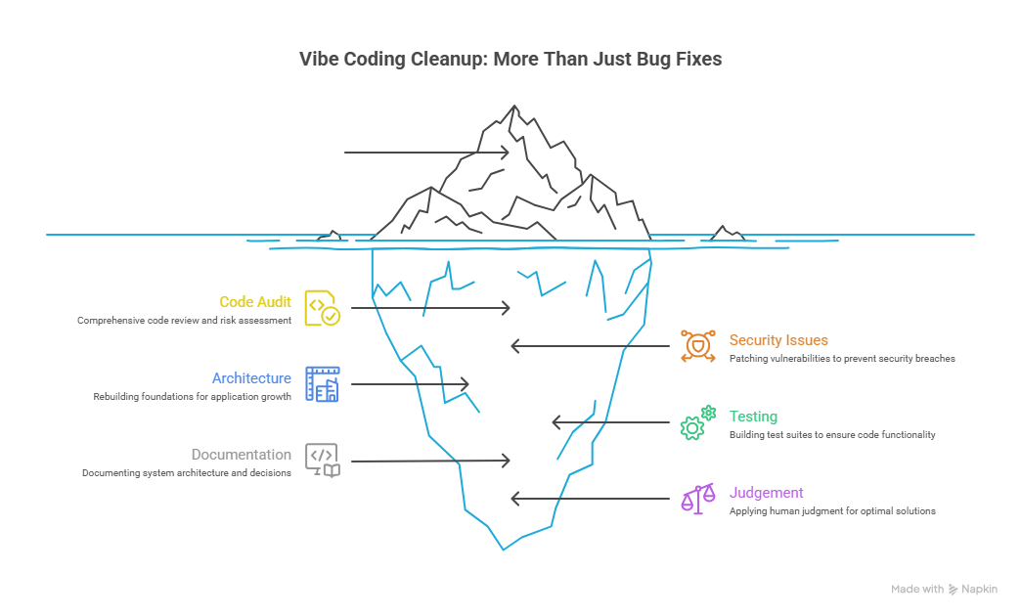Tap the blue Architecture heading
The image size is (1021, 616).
(x=251, y=378)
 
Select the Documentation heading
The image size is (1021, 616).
(x=241, y=455)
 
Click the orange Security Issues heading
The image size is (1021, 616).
(x=778, y=340)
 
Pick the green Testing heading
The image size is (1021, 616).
(x=753, y=417)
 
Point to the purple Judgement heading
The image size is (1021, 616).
(x=766, y=493)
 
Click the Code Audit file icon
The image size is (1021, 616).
(x=322, y=307)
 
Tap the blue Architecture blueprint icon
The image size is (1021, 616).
(x=322, y=384)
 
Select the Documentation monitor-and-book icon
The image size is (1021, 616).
(x=322, y=460)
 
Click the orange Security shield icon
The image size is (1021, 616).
(x=697, y=347)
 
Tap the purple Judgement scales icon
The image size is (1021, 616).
(x=697, y=499)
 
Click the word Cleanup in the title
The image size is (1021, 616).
(x=450, y=60)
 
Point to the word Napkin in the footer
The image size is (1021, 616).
(x=979, y=589)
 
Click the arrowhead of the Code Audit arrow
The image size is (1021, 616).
(x=507, y=308)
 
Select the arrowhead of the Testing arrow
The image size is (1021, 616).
(x=556, y=422)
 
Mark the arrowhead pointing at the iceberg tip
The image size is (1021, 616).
(x=506, y=153)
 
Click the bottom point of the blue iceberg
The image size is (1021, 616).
(x=504, y=549)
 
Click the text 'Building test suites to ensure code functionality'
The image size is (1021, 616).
(x=832, y=434)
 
